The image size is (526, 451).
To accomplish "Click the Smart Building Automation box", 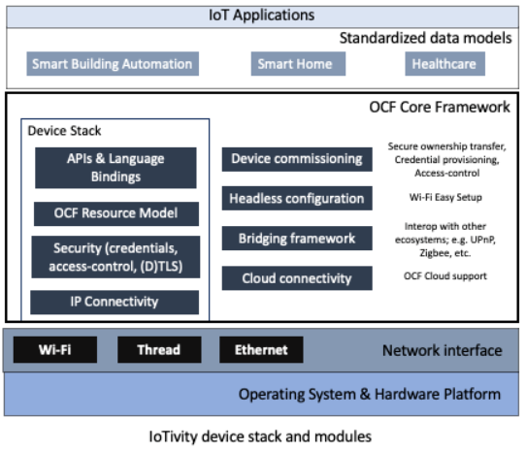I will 113,65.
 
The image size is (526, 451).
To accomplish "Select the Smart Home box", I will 294,65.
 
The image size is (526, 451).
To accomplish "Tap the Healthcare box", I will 444,65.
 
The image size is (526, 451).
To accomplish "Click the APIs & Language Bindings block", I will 115,168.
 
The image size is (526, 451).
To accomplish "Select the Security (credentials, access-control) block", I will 115,257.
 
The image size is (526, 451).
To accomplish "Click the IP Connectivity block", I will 115,303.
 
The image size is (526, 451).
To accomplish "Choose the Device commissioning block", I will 296,159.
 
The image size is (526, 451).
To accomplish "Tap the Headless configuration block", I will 296,199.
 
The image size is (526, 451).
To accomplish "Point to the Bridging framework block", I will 296,239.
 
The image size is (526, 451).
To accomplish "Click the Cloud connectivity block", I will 296,278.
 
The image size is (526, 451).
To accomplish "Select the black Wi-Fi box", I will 54,350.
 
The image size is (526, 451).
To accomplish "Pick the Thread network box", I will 159,350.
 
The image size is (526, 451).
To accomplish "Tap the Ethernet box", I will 261,350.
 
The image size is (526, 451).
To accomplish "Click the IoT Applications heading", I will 262,15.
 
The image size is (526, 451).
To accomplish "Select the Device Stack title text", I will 64,131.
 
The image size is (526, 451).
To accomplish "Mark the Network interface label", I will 442,351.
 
